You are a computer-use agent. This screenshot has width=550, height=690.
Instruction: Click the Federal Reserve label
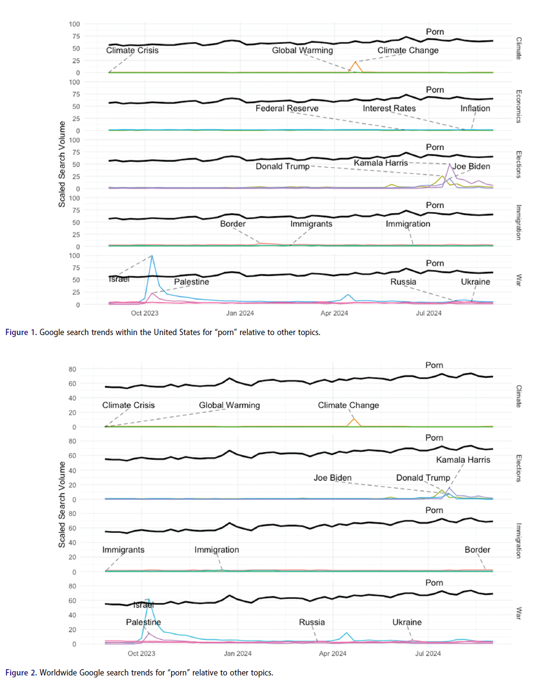(287, 108)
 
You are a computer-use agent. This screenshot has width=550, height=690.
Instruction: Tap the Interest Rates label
(389, 108)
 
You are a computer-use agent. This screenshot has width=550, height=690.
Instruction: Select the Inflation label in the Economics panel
(475, 108)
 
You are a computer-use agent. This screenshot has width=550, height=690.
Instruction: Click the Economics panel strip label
(519, 107)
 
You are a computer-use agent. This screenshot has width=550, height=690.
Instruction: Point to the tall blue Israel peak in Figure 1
(152, 256)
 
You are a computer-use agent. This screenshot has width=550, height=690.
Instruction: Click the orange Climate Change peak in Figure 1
(356, 62)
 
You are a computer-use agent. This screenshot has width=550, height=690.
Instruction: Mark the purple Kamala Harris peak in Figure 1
(450, 165)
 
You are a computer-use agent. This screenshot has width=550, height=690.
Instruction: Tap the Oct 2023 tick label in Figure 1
(144, 313)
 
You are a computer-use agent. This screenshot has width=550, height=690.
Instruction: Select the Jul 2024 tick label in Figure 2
(428, 654)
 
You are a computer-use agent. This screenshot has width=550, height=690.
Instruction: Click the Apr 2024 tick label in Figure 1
(334, 313)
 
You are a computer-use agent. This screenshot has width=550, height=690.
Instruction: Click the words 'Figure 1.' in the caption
(21, 332)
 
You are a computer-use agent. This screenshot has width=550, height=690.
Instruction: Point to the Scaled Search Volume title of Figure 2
(62, 505)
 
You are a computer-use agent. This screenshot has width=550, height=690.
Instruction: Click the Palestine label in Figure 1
(191, 282)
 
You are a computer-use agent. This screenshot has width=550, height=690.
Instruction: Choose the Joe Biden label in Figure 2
(332, 478)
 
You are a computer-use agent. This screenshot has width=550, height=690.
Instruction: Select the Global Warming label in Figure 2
(229, 405)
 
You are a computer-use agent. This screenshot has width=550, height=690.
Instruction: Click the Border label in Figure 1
(233, 224)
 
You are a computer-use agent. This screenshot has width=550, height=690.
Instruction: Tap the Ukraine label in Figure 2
(407, 622)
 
